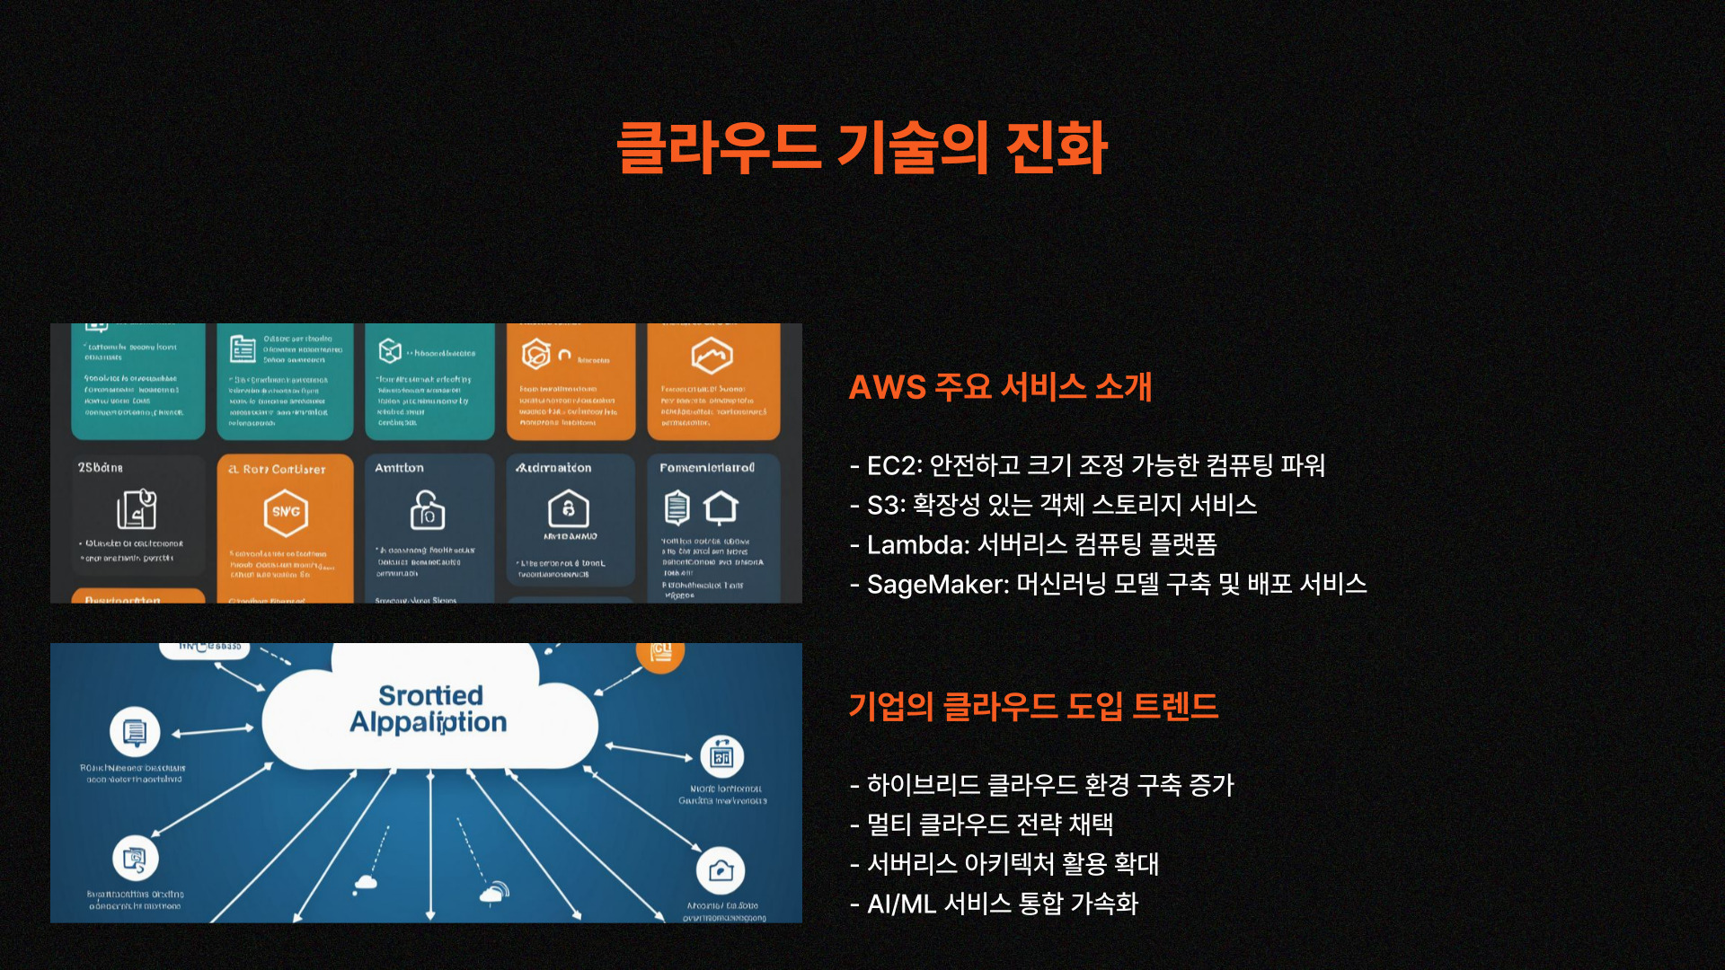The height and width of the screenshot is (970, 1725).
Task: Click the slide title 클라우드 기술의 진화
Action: (862, 148)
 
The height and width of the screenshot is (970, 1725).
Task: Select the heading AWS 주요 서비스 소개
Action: (1000, 387)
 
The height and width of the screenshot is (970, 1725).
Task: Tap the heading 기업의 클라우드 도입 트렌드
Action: (1033, 706)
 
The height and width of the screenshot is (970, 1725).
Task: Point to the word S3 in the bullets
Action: (884, 505)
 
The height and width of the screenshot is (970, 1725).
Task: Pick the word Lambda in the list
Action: (917, 544)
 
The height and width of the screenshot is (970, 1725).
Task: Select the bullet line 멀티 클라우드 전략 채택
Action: (988, 824)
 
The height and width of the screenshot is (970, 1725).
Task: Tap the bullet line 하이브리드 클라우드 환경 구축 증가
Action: (1049, 785)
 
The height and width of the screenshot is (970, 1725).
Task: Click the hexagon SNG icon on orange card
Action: (286, 512)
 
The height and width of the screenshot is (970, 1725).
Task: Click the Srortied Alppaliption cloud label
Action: (429, 709)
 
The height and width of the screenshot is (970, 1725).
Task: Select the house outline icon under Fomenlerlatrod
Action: (721, 507)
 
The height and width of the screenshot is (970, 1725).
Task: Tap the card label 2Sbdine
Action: (101, 468)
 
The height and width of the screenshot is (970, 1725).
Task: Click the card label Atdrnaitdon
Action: (553, 468)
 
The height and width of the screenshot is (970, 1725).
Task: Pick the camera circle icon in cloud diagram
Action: (721, 870)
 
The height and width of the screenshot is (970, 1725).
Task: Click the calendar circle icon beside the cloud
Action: (722, 756)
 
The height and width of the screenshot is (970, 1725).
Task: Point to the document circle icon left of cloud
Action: (135, 732)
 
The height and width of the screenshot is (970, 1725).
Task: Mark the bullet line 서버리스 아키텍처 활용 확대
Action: (1012, 864)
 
